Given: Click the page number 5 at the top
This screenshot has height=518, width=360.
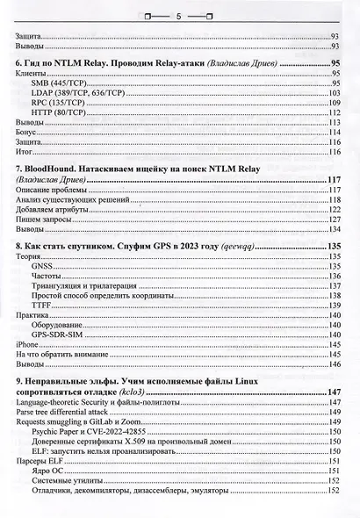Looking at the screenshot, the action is click(x=179, y=16).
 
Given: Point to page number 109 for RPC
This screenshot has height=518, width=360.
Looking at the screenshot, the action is click(x=334, y=103).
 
